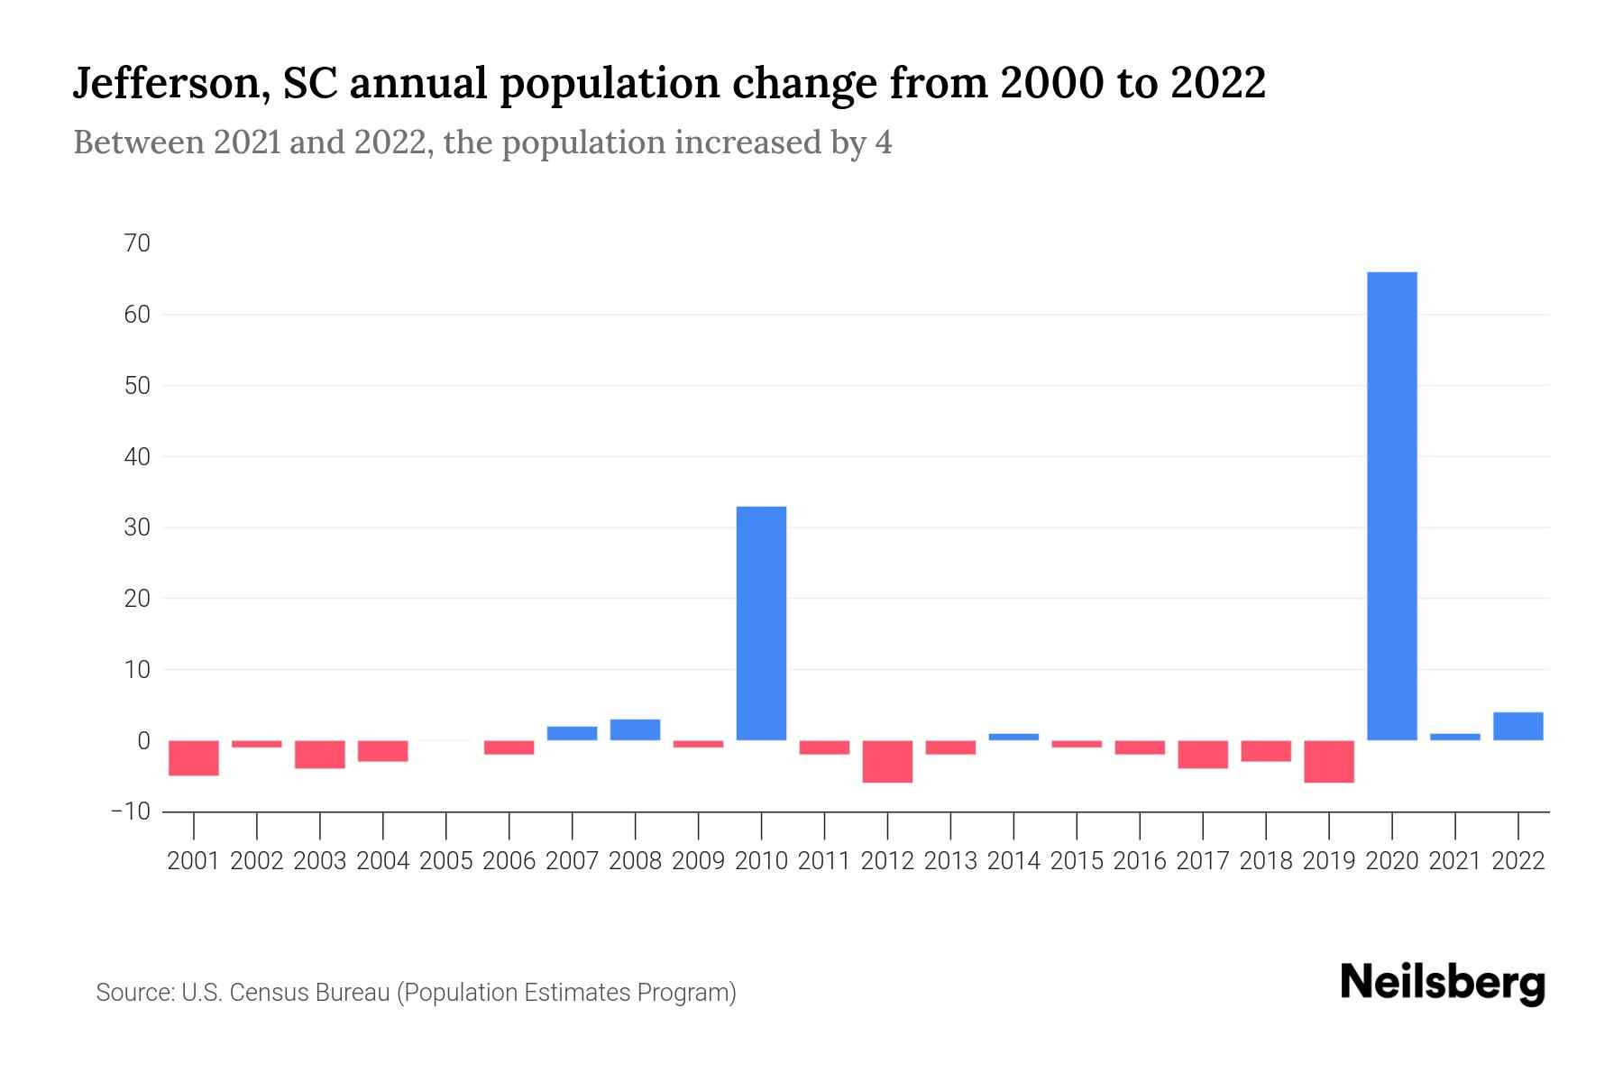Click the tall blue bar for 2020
1391,505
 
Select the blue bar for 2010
761,622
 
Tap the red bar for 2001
194,757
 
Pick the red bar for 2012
887,761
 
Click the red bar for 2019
1328,761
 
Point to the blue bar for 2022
1518,726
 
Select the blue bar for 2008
635,729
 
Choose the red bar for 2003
320,754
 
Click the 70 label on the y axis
138,243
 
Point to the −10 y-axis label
131,811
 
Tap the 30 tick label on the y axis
138,527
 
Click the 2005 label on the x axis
446,861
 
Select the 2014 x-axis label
1013,861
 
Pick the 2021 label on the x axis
1454,861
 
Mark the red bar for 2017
1202,754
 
